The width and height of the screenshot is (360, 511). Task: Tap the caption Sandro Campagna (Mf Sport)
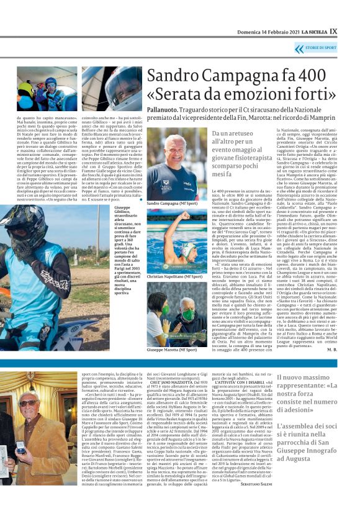(x=172, y=202)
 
